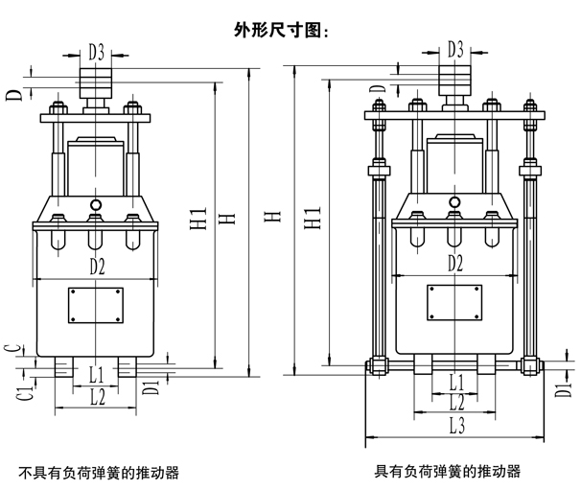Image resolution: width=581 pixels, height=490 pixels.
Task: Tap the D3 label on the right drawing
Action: coord(455,48)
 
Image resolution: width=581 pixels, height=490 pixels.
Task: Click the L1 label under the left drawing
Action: coord(96,372)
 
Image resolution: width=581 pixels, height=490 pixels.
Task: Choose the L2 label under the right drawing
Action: coord(456,403)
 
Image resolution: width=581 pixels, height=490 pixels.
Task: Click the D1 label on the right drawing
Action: coord(563,389)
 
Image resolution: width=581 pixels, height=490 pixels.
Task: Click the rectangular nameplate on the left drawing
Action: coord(94,306)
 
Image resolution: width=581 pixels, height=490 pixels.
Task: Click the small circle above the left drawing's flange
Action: coord(95,205)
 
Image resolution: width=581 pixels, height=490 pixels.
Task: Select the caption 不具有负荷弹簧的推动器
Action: coord(100,472)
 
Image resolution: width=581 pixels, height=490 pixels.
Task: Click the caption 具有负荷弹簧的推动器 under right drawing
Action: coord(448,471)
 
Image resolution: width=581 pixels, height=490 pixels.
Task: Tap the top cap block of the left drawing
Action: coord(95,79)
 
